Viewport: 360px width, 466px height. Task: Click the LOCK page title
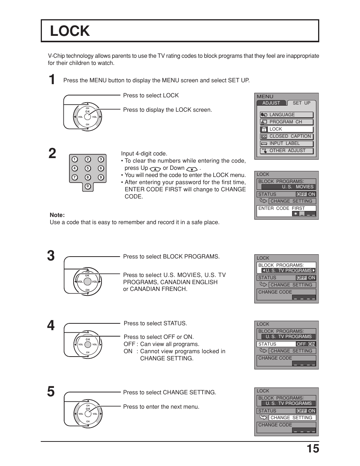coord(70,31)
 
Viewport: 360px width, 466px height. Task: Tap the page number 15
coord(312,449)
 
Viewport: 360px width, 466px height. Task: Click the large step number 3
coord(51,256)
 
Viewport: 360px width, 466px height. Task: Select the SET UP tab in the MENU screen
coord(301,103)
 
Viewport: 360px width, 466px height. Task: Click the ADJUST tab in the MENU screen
coord(271,103)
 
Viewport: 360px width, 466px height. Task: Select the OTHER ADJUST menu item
coord(287,151)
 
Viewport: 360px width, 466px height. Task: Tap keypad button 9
coord(101,177)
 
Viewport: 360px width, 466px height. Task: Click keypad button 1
coord(75,159)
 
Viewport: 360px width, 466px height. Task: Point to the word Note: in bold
coord(57,215)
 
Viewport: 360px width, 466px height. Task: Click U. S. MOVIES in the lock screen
coord(297,187)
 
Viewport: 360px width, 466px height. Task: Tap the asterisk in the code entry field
coord(295,214)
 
